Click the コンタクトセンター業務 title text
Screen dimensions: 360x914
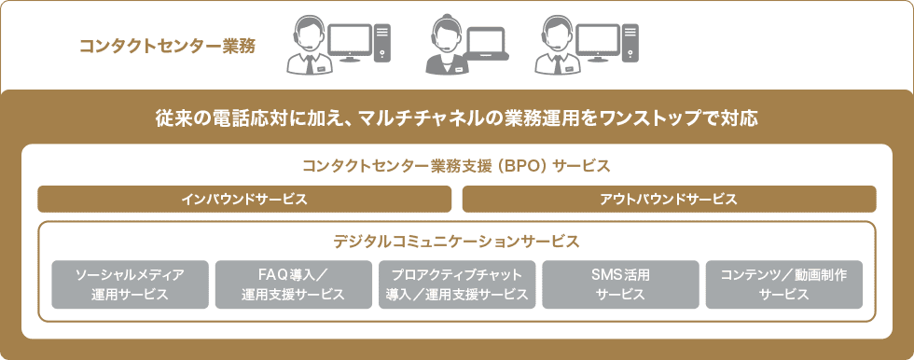click(x=168, y=44)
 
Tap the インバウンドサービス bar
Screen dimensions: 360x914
click(x=244, y=200)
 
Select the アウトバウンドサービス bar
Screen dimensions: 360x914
click(x=669, y=200)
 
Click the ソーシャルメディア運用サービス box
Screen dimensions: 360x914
click(x=131, y=284)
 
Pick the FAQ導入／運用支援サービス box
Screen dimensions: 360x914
click(x=293, y=284)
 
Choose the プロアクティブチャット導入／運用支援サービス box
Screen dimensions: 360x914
click(x=457, y=284)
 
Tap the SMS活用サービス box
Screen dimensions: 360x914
click(x=620, y=284)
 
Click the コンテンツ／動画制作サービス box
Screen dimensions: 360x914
click(x=783, y=284)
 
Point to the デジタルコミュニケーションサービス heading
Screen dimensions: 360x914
click(x=456, y=242)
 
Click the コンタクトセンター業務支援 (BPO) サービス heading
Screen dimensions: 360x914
click(x=456, y=167)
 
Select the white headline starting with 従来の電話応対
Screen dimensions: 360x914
click(x=456, y=119)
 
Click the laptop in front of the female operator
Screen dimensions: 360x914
click(x=486, y=44)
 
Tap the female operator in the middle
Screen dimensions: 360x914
click(x=444, y=47)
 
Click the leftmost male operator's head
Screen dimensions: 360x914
click(x=309, y=33)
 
